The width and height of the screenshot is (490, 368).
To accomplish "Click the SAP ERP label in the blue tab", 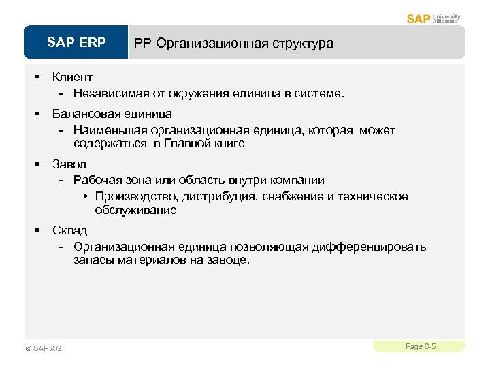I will (x=76, y=43).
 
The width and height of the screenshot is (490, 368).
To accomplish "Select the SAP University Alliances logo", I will (x=434, y=18).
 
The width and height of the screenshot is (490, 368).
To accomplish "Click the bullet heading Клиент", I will (x=72, y=77).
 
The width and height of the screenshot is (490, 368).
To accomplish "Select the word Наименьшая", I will (x=106, y=130).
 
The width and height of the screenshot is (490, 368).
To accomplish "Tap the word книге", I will (x=229, y=144).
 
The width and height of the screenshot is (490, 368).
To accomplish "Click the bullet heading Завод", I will (x=70, y=164).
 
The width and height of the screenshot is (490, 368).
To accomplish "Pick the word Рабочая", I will (x=97, y=181).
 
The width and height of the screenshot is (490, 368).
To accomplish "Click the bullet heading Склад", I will (x=69, y=230).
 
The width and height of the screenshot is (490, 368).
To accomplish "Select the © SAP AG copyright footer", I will (x=43, y=348).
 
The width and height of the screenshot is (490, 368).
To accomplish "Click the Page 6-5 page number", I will (x=420, y=347).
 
